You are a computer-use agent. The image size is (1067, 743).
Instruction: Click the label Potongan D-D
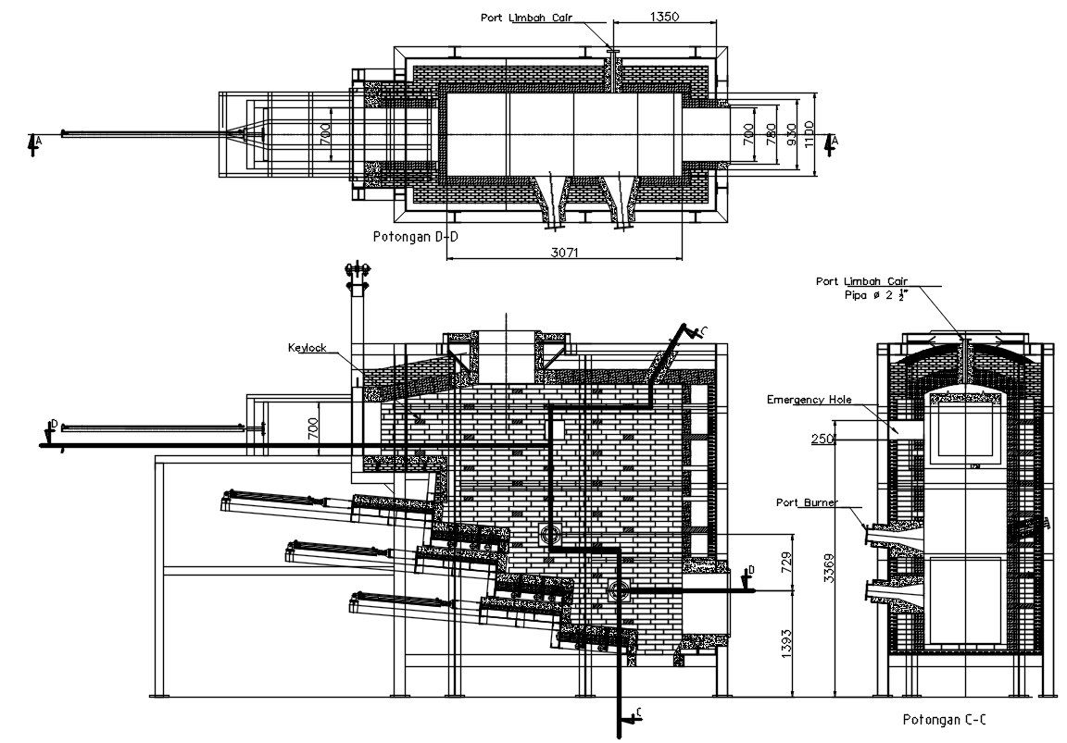tap(415, 237)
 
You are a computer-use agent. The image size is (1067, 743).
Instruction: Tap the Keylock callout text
tap(308, 349)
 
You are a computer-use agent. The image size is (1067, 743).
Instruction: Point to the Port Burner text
tap(806, 502)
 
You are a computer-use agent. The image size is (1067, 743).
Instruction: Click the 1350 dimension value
tap(665, 16)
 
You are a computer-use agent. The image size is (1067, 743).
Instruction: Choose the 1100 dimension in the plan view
tap(809, 135)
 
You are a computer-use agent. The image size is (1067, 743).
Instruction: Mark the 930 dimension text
tap(790, 135)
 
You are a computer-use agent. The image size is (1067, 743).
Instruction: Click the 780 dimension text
tap(771, 135)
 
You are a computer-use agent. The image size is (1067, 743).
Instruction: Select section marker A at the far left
tap(35, 142)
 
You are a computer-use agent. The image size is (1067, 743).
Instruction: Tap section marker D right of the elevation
tap(750, 569)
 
